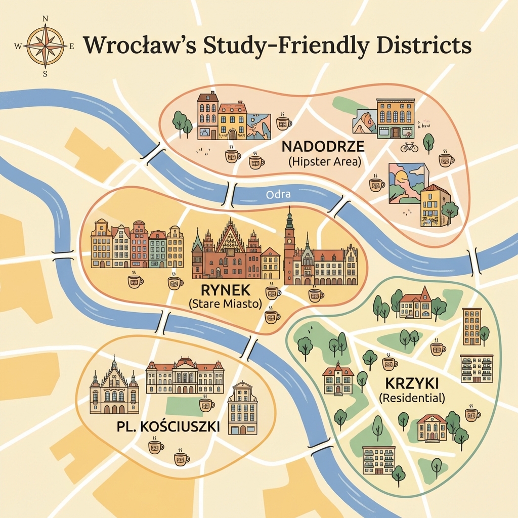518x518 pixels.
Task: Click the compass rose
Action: (45, 46)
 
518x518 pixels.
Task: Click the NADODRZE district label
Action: (323, 147)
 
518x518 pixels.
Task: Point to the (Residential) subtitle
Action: (412, 397)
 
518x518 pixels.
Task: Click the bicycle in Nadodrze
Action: (409, 147)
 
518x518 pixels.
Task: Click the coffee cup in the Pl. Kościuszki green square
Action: (206, 404)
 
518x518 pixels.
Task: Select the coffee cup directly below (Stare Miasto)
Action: (272, 317)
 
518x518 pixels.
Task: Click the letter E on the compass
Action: (72, 47)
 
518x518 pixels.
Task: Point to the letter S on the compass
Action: (45, 74)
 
